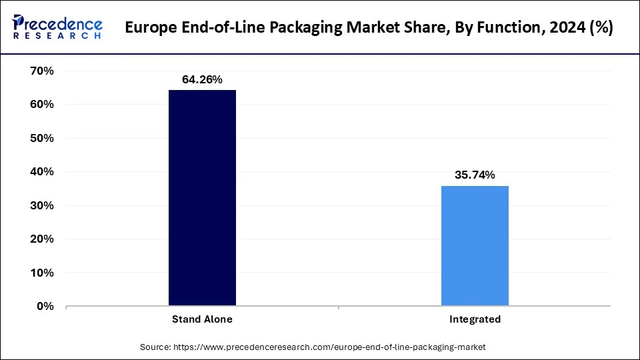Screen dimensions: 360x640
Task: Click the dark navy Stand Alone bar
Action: pos(202,198)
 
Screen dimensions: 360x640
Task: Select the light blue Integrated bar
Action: pos(475,245)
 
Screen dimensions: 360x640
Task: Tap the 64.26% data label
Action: pos(202,80)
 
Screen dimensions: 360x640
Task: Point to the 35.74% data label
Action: pos(475,175)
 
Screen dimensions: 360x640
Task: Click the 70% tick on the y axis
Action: pos(41,71)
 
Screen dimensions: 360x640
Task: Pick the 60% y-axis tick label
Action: pos(41,105)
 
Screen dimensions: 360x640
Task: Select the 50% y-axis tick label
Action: pos(41,138)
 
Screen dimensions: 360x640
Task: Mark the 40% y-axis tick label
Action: pos(41,172)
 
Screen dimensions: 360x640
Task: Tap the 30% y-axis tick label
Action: pos(41,205)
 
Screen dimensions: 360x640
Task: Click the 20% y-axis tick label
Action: pos(41,239)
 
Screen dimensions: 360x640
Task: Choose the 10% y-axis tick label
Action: pos(41,273)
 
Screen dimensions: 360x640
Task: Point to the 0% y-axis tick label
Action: pos(45,307)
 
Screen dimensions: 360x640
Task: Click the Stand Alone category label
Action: pos(202,319)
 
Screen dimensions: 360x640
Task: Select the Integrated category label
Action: pos(475,319)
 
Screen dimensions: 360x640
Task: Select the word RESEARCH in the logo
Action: pos(59,35)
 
